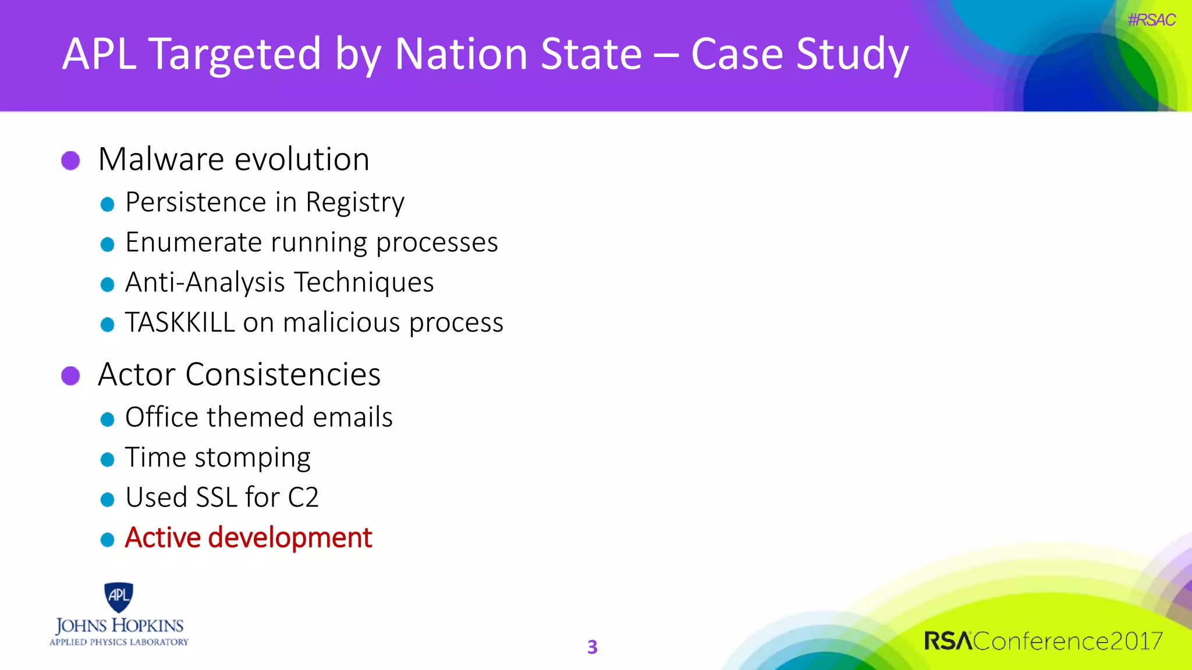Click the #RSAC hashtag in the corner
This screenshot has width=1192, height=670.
1151,20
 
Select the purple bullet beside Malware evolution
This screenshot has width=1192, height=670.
70,161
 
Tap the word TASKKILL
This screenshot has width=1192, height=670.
180,323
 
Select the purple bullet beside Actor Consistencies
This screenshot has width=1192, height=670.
70,376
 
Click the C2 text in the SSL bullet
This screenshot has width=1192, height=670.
303,498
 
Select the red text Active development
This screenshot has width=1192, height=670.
248,538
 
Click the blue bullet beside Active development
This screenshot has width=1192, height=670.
107,540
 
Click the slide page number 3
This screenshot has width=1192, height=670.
592,647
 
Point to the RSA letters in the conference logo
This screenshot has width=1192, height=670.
948,641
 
